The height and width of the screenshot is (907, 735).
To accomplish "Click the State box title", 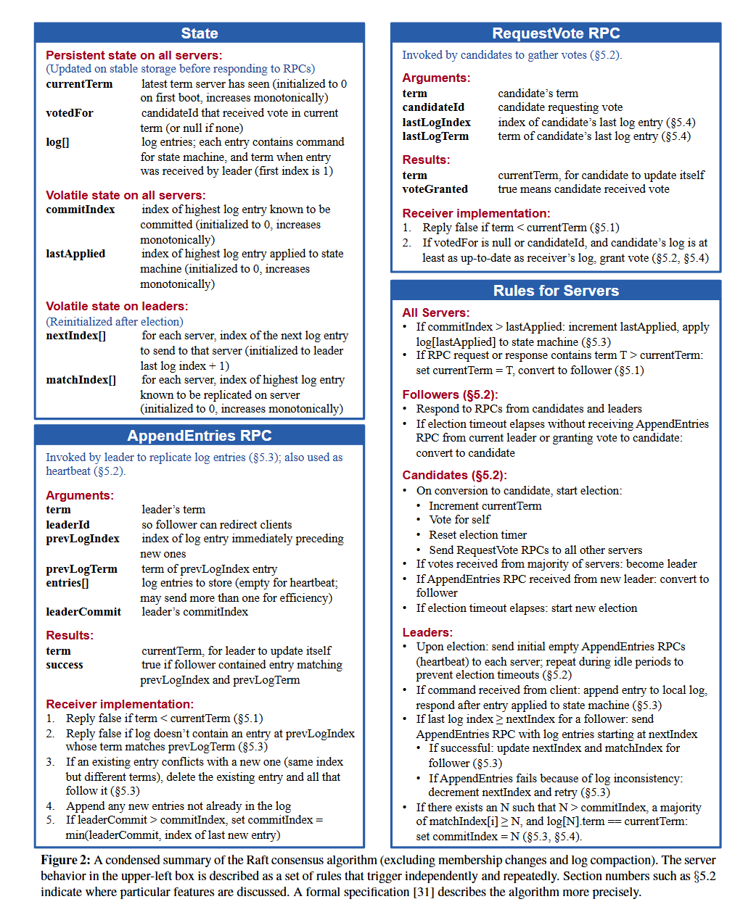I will click(x=200, y=33).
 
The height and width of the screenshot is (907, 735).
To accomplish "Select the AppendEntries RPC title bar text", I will click(x=200, y=436).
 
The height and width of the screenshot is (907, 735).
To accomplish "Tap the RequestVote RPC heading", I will click(x=556, y=33).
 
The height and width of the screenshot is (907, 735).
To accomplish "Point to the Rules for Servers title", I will click(x=556, y=291).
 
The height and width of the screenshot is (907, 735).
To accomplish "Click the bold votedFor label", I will click(x=70, y=113).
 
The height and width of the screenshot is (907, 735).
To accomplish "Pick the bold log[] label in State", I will click(x=57, y=142).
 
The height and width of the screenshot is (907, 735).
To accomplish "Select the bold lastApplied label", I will click(x=75, y=254).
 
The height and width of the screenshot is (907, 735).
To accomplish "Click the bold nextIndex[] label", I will click(x=75, y=336).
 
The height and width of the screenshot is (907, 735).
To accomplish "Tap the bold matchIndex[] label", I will click(x=81, y=380).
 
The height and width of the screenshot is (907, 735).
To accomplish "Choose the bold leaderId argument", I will click(x=67, y=525).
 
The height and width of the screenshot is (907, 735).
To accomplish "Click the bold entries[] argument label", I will click(x=67, y=583).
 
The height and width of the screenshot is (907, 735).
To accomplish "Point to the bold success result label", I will click(x=65, y=665).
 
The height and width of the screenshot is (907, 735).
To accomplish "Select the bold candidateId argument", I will click(x=433, y=107).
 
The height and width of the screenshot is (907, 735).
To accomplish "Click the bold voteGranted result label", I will click(x=435, y=189).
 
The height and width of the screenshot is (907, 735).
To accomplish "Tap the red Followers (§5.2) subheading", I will click(x=450, y=394).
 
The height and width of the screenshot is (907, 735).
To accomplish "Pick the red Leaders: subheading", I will click(x=427, y=632).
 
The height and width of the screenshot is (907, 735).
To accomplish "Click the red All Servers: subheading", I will click(x=435, y=312).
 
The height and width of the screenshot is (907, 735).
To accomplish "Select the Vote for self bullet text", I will click(x=459, y=520).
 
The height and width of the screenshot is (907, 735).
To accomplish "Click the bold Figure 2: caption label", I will click(x=65, y=860).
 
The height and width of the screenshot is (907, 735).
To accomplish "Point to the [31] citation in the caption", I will click(x=423, y=892).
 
